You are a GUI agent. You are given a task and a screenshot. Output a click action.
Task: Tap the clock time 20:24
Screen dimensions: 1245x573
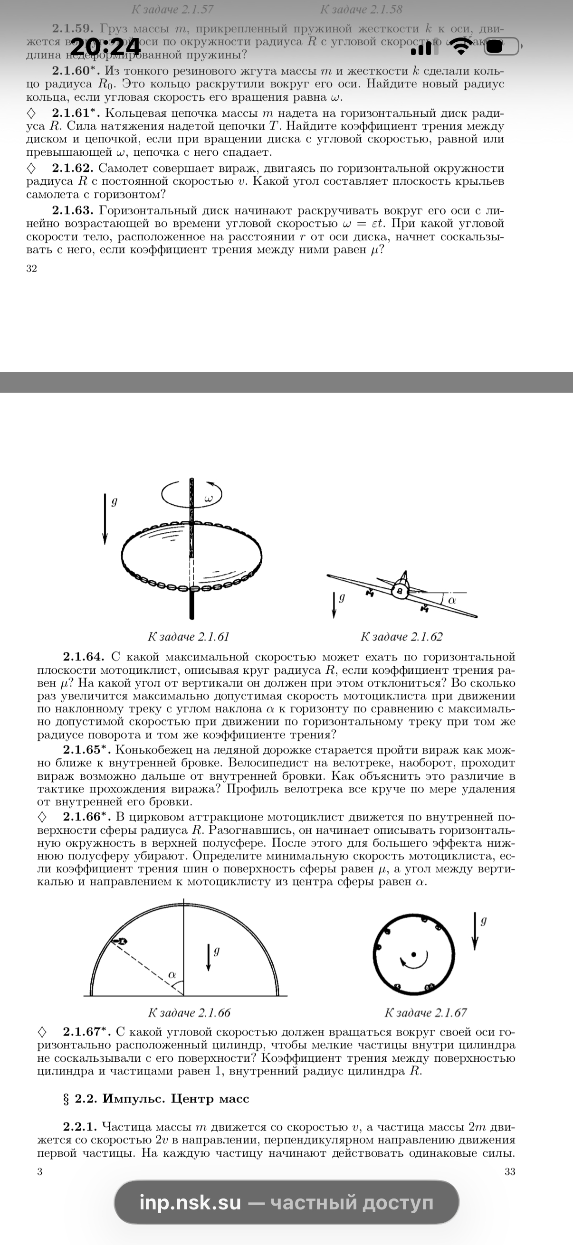click(x=105, y=47)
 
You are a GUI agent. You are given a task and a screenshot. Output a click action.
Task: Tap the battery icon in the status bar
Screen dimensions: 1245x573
click(x=502, y=47)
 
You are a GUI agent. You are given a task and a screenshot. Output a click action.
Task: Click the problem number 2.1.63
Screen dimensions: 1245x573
click(x=73, y=210)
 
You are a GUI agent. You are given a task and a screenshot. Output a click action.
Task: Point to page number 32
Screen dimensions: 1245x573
click(x=31, y=268)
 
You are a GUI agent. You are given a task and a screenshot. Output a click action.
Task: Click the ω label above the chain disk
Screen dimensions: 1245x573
click(x=209, y=498)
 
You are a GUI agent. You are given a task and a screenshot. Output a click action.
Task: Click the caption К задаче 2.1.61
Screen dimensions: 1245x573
click(x=188, y=637)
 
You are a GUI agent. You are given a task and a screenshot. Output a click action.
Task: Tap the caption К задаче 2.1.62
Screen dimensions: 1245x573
click(x=401, y=637)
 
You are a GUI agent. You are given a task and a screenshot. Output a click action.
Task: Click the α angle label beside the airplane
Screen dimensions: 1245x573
click(x=452, y=600)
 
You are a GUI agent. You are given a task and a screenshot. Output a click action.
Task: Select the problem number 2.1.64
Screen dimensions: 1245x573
click(x=83, y=657)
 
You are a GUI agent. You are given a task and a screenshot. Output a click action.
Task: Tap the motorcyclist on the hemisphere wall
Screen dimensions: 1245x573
click(x=119, y=941)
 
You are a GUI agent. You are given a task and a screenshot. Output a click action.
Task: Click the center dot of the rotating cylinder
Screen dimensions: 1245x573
click(x=413, y=954)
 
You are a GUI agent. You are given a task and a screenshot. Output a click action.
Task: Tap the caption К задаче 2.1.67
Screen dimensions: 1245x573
click(x=426, y=1012)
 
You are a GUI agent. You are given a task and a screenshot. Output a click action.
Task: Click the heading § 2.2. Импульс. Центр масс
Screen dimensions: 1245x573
click(x=156, y=1099)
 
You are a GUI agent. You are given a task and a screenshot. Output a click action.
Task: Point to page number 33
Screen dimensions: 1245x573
click(x=510, y=1171)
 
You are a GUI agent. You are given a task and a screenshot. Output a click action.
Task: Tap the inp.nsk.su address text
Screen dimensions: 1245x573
click(x=190, y=1202)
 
